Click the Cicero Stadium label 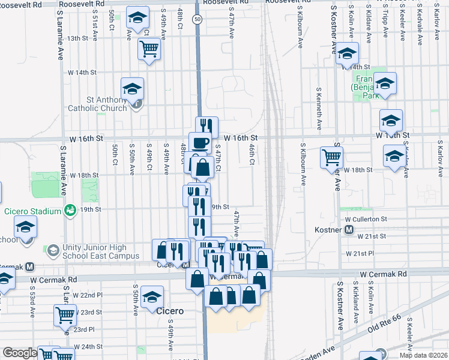point(33,211)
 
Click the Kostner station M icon point(349,230)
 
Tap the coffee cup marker point(200,143)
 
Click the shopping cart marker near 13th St point(149,48)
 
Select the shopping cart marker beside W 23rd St point(65,314)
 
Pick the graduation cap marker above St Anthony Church point(132,89)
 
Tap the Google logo point(19,353)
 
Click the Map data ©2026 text point(423,355)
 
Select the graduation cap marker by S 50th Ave point(152,297)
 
